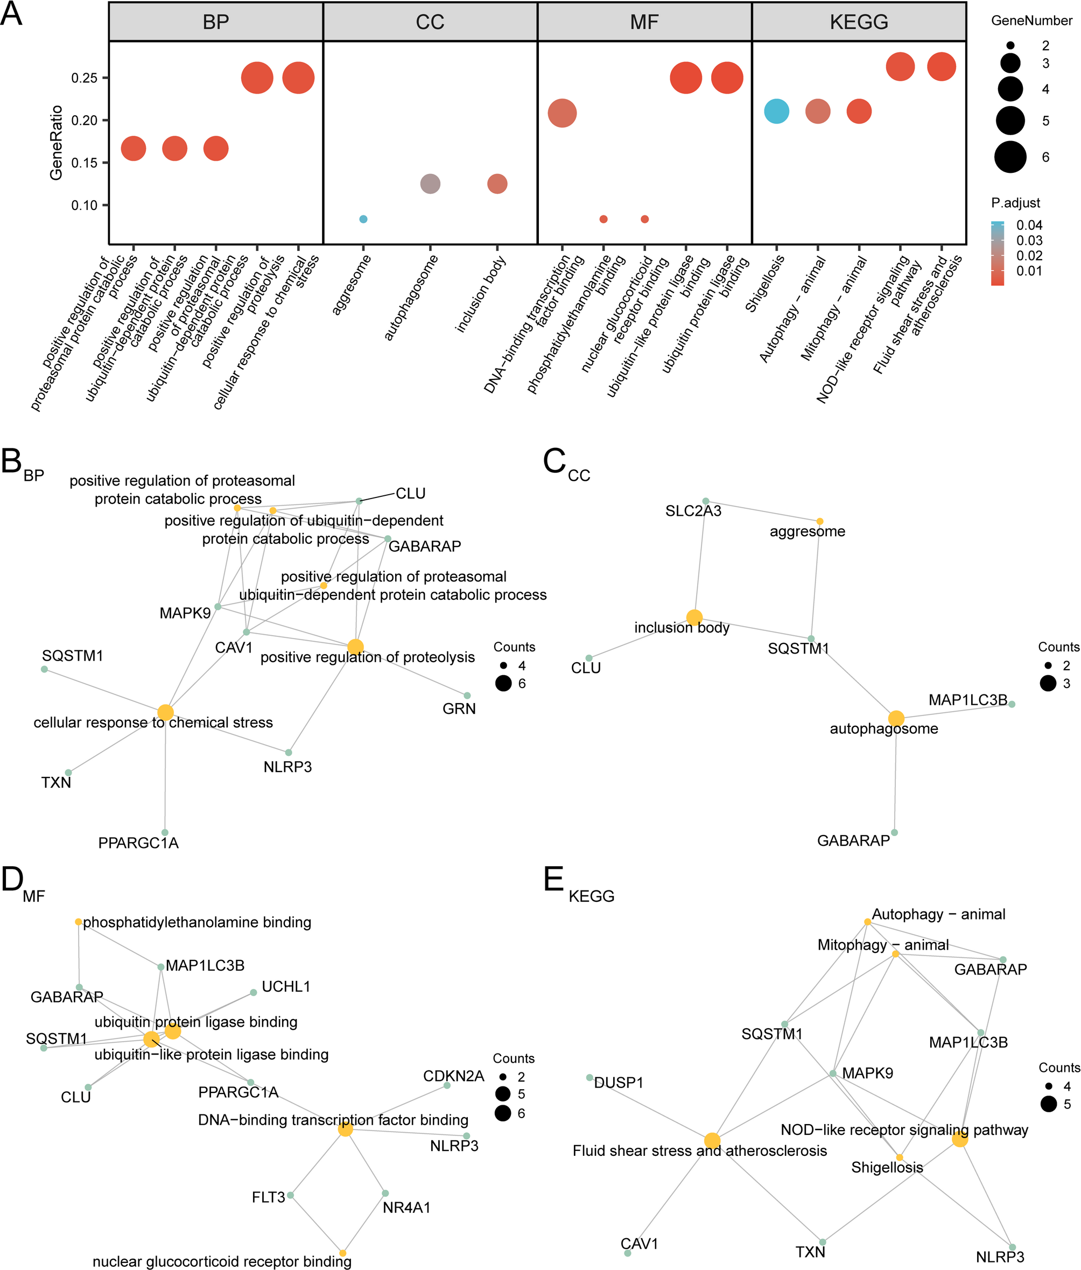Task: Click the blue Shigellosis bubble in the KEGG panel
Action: (776, 111)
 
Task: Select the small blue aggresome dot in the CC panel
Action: (363, 219)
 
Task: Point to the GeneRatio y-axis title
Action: (57, 142)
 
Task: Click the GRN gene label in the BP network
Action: (459, 708)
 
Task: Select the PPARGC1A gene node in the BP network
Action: (165, 832)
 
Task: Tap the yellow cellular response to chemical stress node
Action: (165, 712)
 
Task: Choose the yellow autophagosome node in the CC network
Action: (896, 718)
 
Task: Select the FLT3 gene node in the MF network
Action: (291, 1195)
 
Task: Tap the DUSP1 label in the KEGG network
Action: (619, 1083)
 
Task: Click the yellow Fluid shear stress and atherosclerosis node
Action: (712, 1140)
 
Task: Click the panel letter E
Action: (553, 881)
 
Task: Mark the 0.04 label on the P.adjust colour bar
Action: (1029, 225)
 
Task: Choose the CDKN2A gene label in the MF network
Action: (453, 1076)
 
